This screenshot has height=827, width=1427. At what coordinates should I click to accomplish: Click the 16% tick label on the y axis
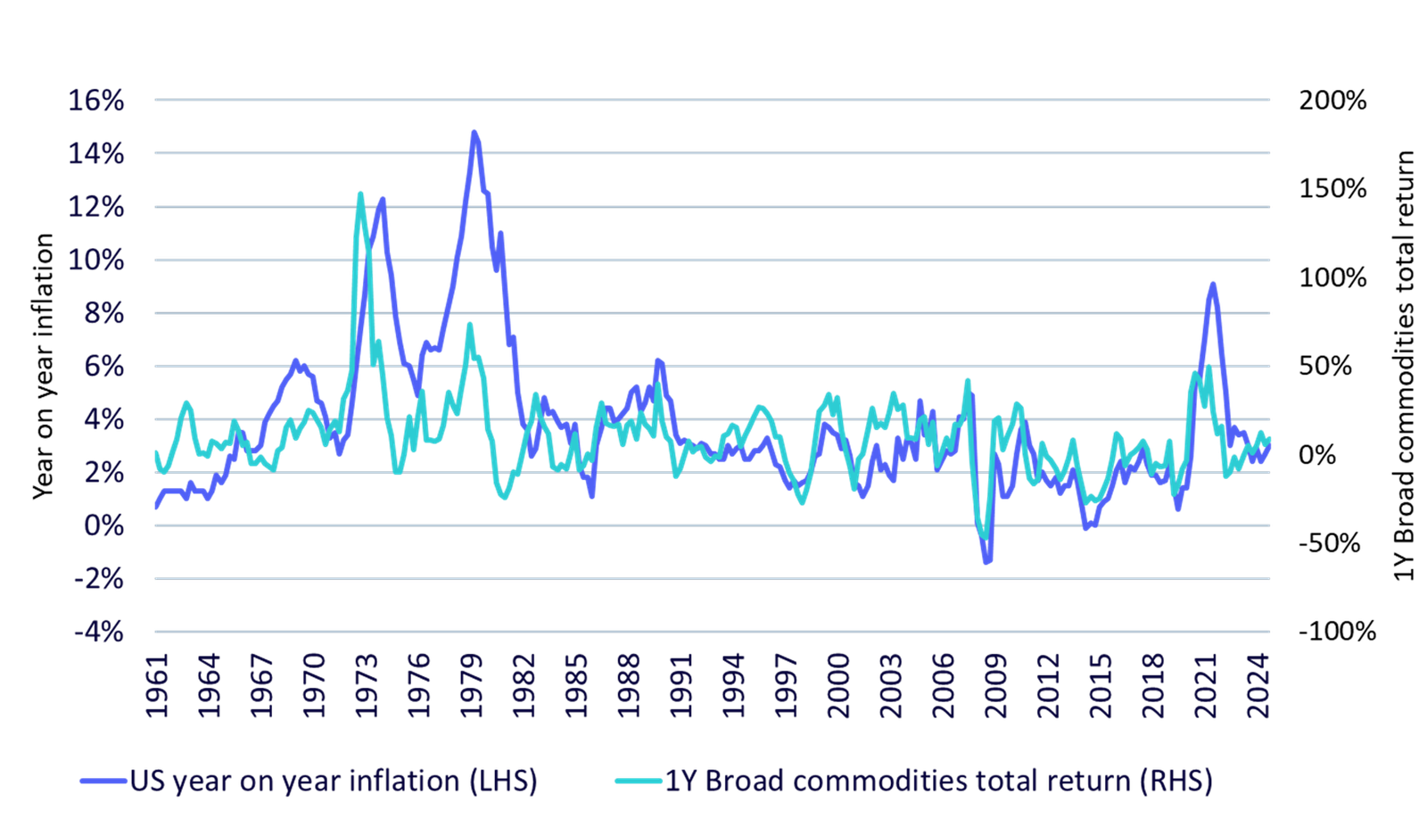coord(96,100)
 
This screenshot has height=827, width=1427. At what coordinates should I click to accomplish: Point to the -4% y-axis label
coord(98,632)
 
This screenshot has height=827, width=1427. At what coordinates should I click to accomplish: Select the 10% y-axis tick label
coord(96,261)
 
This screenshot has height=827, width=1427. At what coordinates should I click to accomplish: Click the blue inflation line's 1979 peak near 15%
coord(474,133)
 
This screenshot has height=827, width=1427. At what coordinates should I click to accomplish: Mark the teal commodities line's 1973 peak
coord(360,192)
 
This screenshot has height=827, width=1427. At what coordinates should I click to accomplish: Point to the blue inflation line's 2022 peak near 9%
coord(1212,285)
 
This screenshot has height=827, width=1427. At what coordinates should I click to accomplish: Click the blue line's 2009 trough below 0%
coord(987,562)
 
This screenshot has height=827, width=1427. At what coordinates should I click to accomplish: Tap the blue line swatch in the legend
coord(103,782)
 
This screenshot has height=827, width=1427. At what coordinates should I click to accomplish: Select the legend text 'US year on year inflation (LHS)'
coord(334,782)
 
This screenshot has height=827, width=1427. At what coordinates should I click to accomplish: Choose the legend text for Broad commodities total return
coord(940,782)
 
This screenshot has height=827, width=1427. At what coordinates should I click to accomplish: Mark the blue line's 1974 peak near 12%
coord(383,199)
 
